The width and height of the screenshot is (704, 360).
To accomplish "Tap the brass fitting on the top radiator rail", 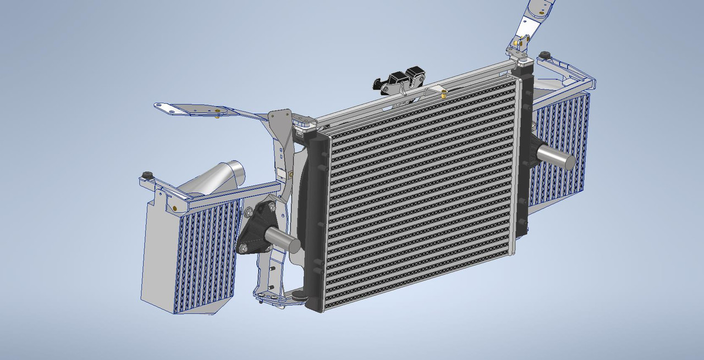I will click(x=442, y=94).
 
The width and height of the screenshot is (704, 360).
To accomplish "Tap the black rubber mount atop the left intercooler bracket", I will click(x=146, y=175).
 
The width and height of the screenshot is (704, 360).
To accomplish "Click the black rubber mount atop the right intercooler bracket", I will click(x=545, y=55).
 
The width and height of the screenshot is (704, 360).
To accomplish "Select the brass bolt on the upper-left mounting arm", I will click(x=219, y=115).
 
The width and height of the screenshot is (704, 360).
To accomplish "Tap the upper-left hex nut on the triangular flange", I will click(x=249, y=212).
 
